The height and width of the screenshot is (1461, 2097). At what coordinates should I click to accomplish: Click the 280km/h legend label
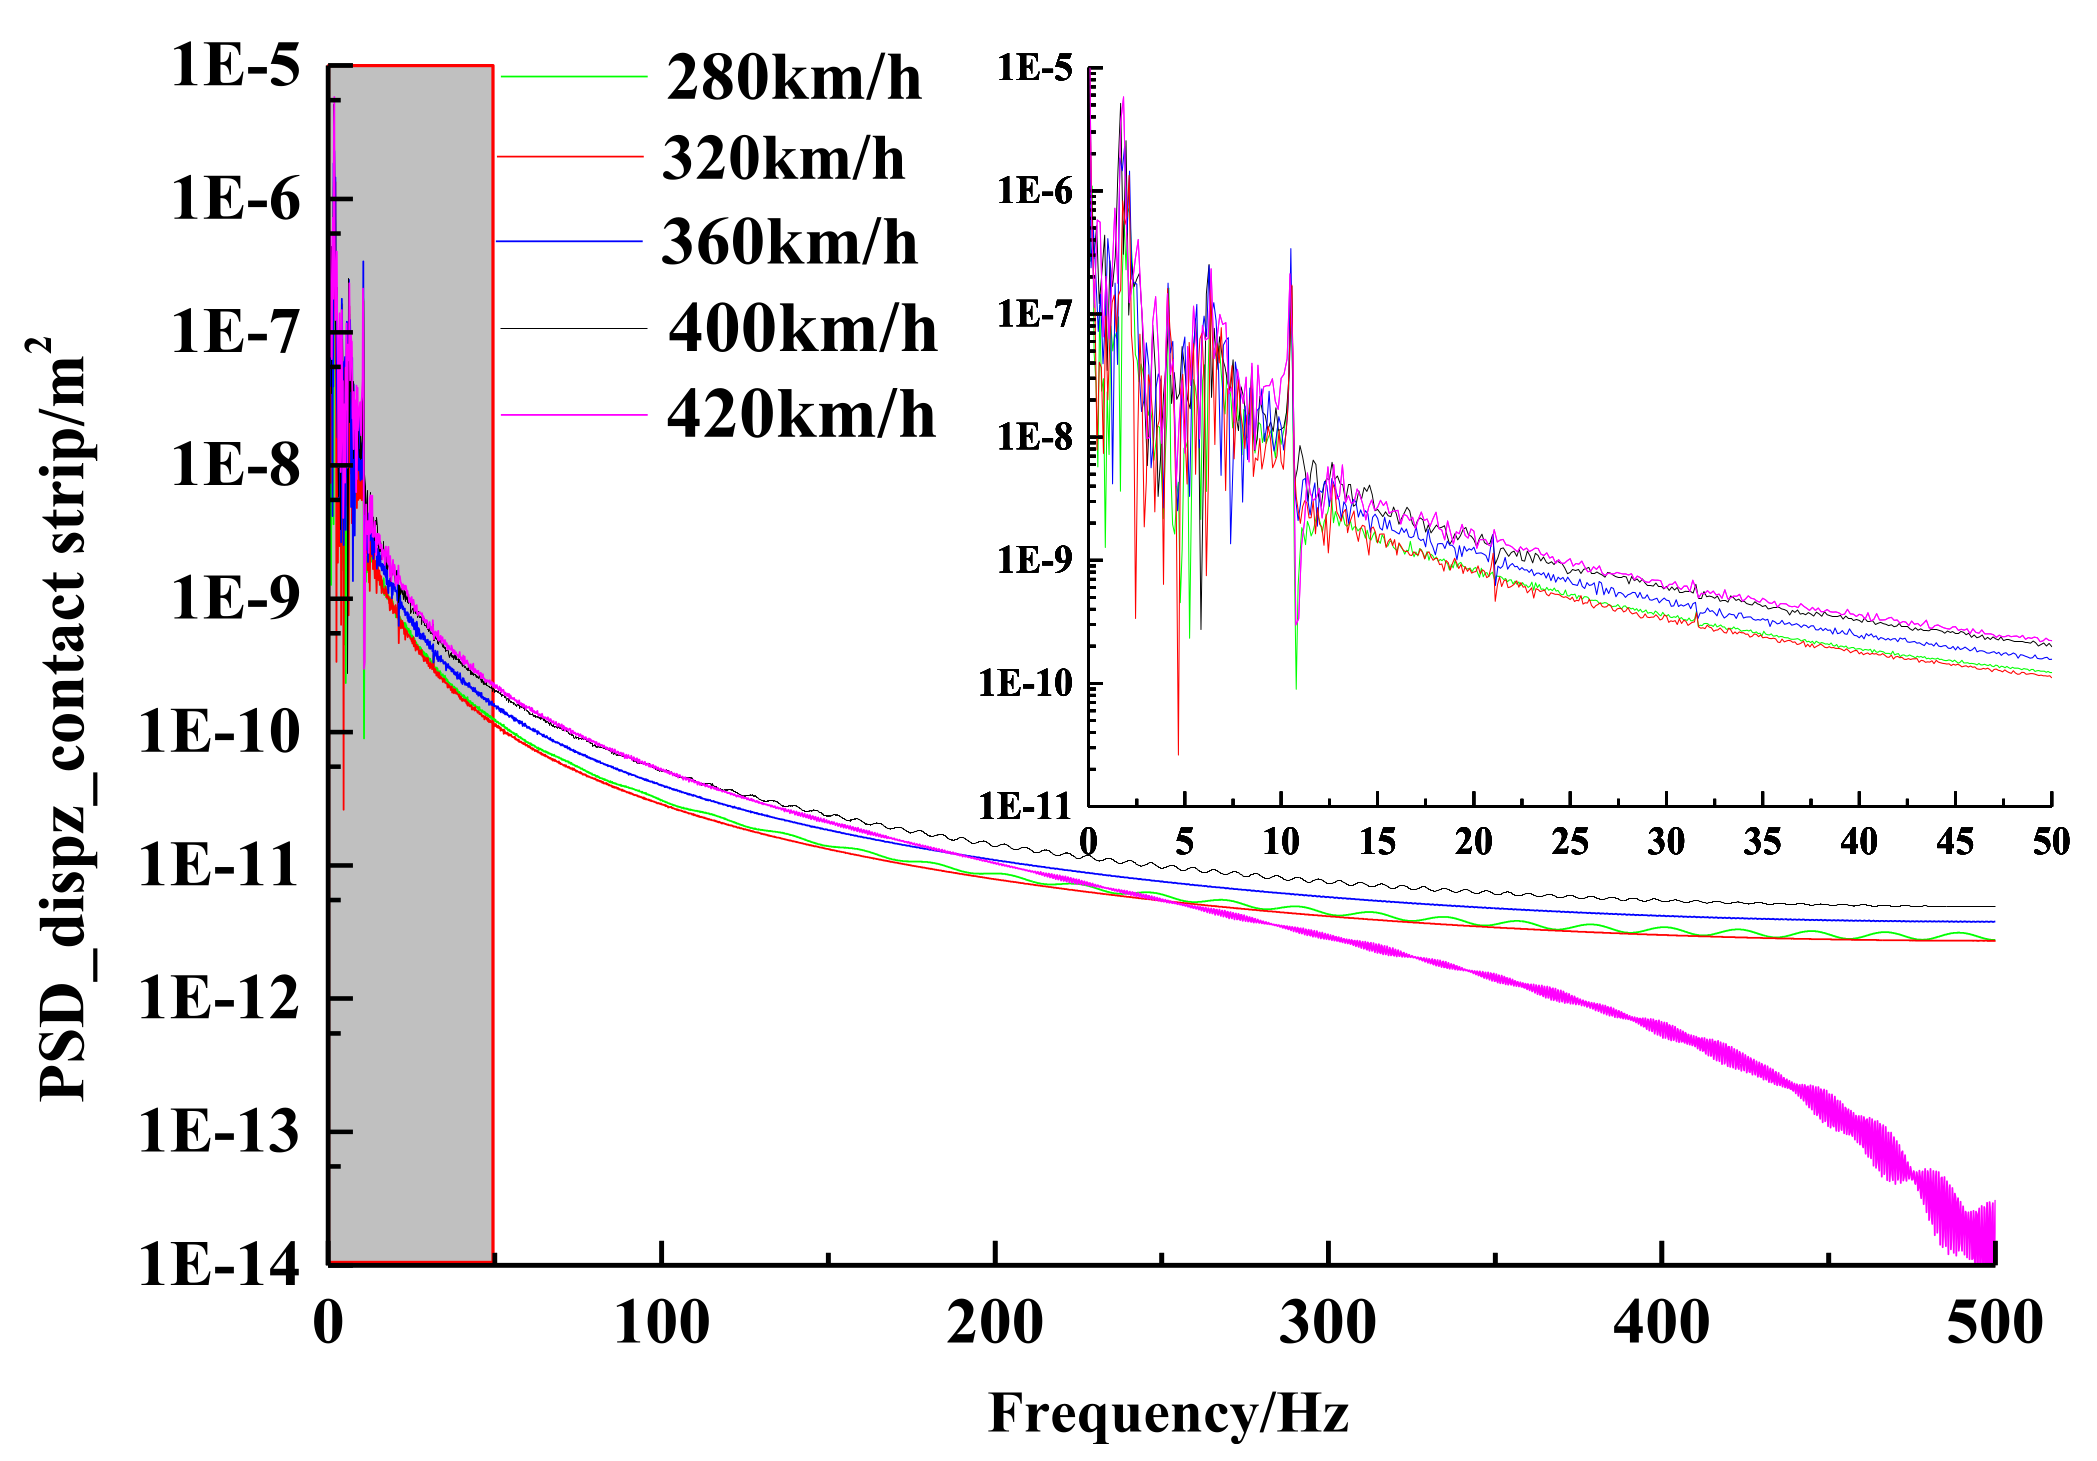[793, 78]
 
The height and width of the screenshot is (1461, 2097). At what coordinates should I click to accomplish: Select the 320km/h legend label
[783, 159]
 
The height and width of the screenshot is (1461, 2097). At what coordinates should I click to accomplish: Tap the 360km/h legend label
[789, 243]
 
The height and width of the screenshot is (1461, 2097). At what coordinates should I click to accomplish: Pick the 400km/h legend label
[803, 329]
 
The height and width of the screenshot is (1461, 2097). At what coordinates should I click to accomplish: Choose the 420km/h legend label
[801, 415]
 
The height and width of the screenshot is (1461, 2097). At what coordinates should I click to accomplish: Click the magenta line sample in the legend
[573, 414]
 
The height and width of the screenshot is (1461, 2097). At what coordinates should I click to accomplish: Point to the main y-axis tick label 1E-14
[218, 1264]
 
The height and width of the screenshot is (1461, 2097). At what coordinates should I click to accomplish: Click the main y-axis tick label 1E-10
[218, 731]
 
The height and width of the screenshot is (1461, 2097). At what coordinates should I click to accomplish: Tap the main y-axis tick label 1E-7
[235, 332]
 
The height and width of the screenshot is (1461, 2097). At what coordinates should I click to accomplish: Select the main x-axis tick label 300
[1328, 1323]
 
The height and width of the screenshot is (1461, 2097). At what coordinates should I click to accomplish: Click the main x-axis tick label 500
[1994, 1323]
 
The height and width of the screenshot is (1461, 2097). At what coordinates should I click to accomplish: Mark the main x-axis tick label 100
[661, 1323]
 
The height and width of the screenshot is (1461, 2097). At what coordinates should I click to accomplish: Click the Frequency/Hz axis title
[1168, 1413]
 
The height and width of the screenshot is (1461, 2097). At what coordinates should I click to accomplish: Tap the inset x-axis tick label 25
[1570, 842]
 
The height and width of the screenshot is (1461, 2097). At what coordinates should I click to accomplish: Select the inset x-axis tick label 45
[1955, 842]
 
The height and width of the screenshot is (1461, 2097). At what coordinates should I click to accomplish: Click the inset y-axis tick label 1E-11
[1025, 806]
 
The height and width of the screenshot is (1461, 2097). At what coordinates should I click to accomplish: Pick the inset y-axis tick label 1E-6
[1034, 191]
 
